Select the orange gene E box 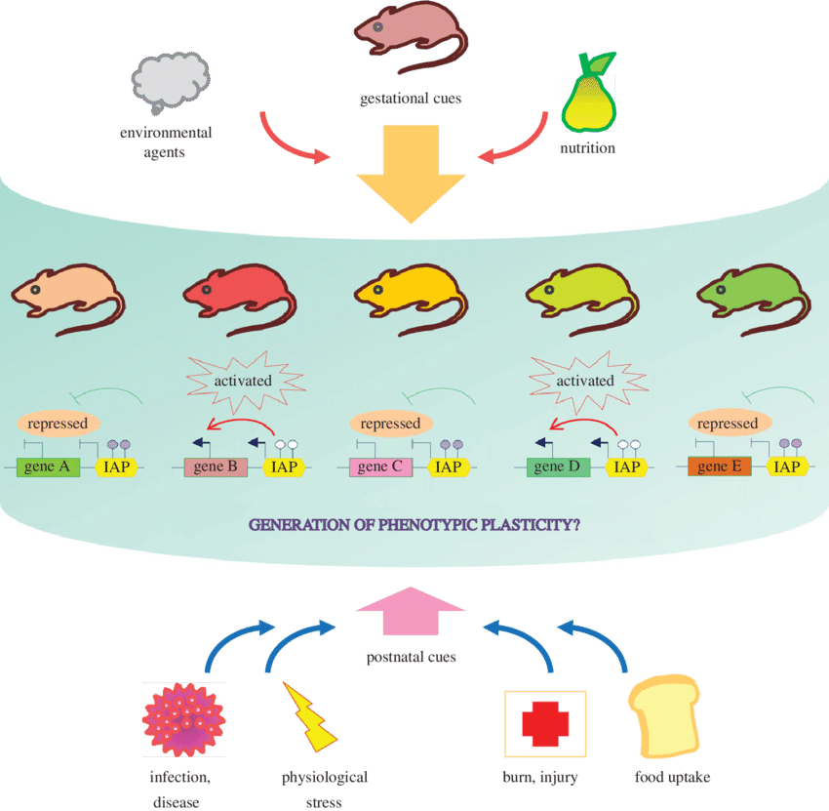pos(719,466)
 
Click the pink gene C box pos(380,466)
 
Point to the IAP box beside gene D pos(627,466)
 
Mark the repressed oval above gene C pos(390,424)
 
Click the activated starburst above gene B pos(242,380)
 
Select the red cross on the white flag pos(544,723)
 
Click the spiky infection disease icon pos(183,720)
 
